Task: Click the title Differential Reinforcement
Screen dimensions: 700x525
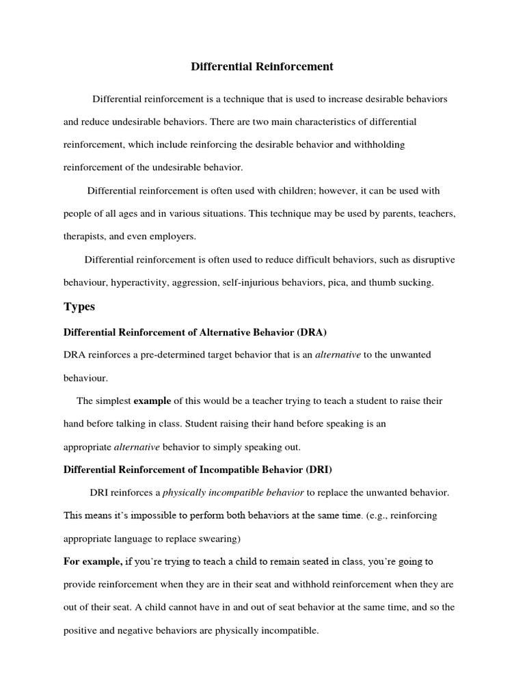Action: click(262, 66)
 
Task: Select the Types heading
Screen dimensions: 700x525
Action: click(79, 307)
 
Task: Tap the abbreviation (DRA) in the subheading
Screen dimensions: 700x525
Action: click(312, 332)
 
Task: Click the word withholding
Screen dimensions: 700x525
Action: click(381, 144)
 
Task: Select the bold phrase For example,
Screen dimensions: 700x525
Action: click(93, 561)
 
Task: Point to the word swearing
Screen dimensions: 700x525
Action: click(217, 539)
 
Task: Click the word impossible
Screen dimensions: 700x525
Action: click(149, 515)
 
